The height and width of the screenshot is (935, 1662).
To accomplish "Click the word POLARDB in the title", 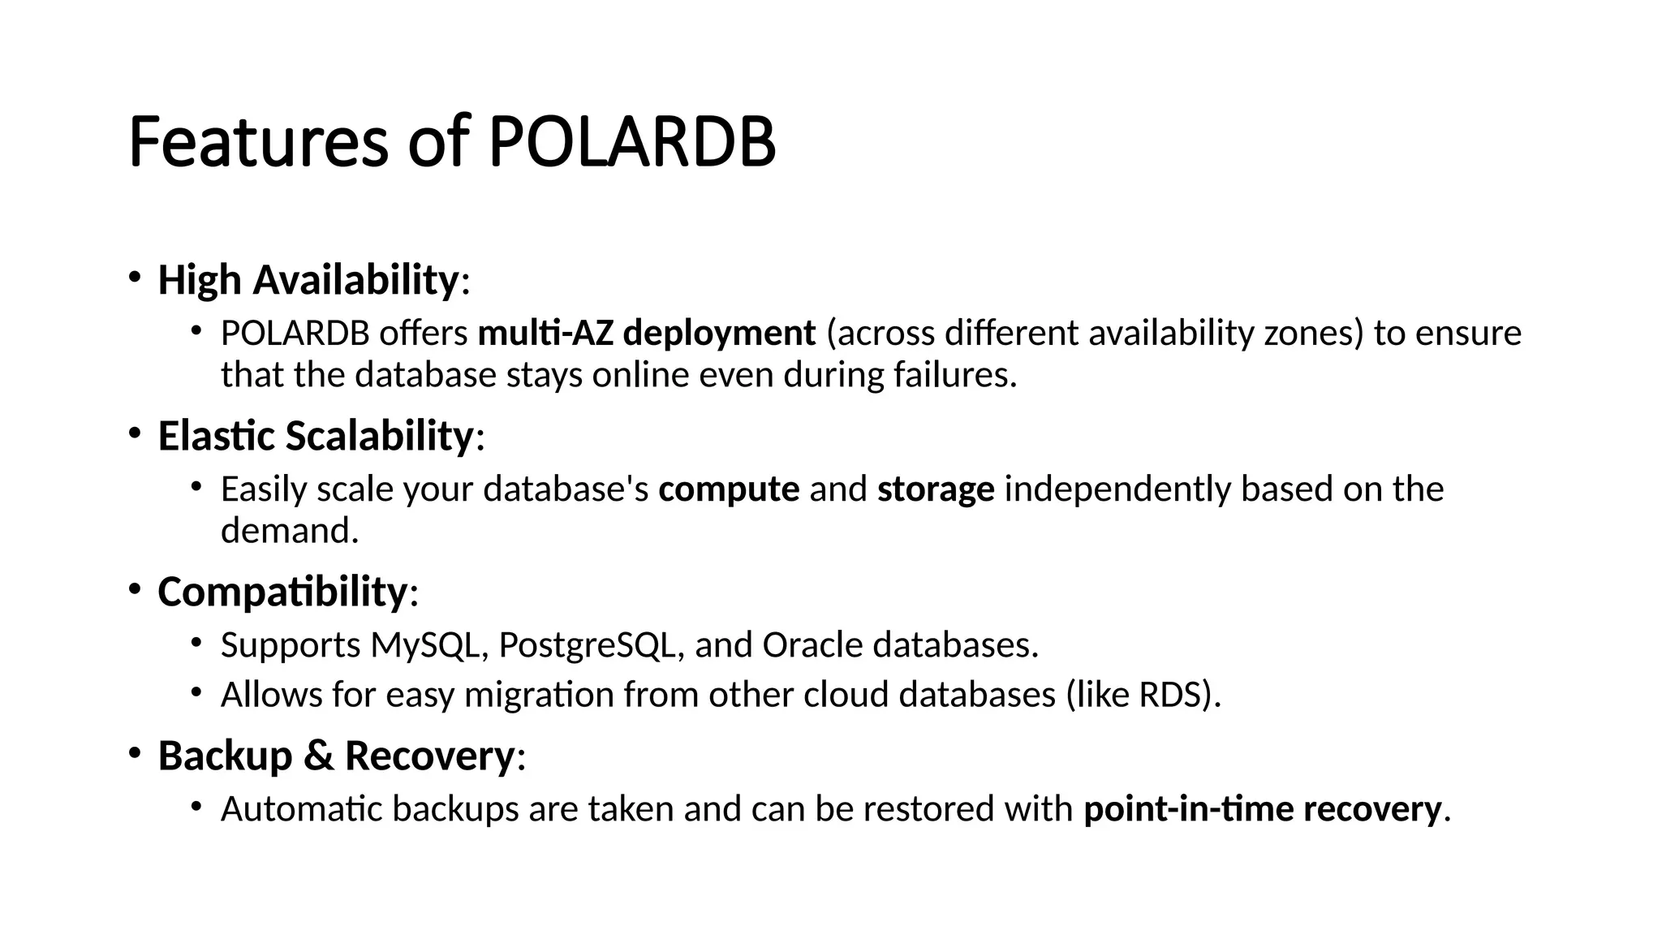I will pos(631,142).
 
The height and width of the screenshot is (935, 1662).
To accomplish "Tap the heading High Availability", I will pos(308,280).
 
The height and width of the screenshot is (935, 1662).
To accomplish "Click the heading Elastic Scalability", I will pos(316,436).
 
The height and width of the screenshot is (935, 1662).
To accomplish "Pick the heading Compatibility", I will pos(282,592).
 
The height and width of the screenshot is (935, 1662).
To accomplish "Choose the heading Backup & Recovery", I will pos(336,756).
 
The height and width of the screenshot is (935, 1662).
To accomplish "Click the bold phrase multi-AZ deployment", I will pos(647,334).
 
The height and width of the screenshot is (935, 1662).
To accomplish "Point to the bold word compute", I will pos(729,489).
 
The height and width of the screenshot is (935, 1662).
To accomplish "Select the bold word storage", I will pos(936,489).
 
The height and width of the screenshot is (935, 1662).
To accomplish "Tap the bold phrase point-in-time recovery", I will pos(1262,809).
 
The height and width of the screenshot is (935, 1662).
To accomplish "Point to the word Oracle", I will pos(812,645).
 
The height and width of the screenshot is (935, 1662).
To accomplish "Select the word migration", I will pos(539,696).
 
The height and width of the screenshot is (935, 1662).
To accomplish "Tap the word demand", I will pos(289,531).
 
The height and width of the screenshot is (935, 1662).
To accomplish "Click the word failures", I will pos(954,375).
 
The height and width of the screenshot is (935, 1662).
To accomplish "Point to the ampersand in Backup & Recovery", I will pos(318,756).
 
